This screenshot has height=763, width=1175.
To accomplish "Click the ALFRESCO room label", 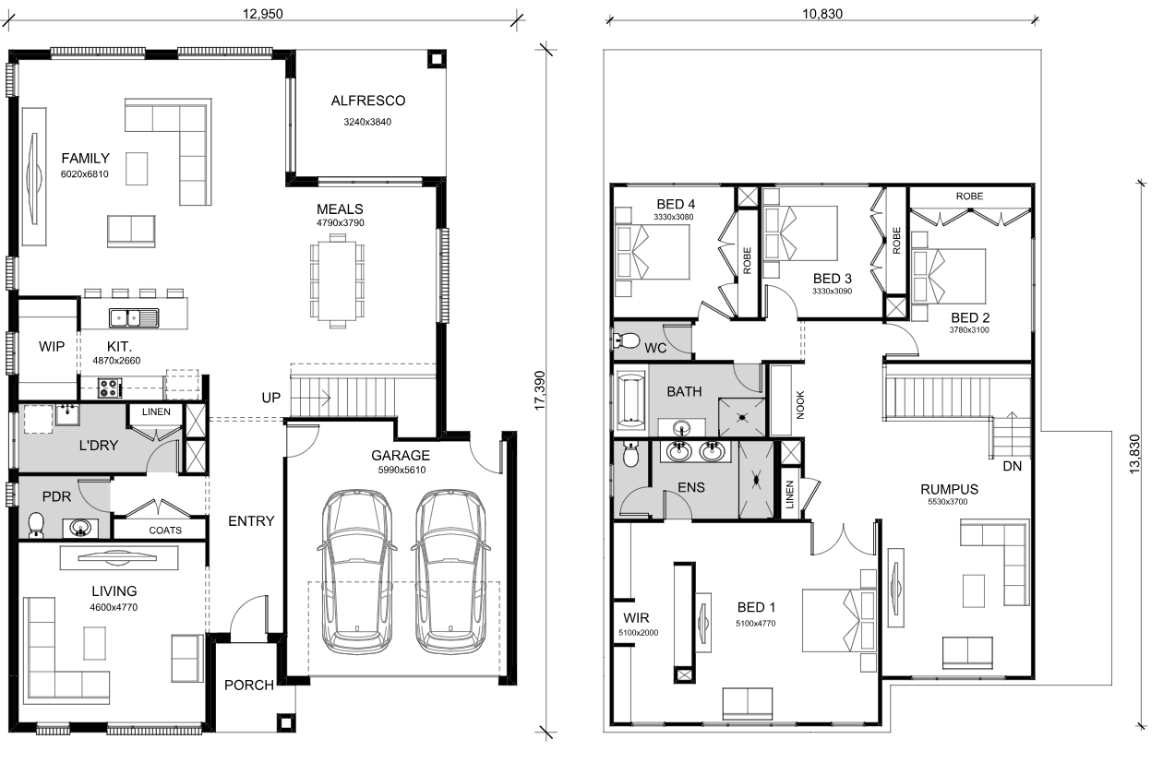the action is tap(368, 101).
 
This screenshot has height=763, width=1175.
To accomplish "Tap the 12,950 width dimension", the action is tap(262, 14).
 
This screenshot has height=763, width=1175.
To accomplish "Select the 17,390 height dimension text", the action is tap(540, 390).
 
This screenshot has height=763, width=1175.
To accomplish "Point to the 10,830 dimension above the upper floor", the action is tap(822, 14).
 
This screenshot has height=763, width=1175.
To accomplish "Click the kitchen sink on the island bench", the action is tap(134, 317).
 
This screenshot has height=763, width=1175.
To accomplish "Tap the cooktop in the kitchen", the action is tap(109, 388).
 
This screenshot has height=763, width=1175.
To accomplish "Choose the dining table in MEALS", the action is tap(337, 281).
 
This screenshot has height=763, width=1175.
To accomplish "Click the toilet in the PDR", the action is tap(36, 525).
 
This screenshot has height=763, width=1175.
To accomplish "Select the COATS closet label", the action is tap(165, 531).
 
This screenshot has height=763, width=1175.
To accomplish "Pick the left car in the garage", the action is tap(356, 572).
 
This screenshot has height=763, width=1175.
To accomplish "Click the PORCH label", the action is tap(249, 686).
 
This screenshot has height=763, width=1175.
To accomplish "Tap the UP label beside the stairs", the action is tap(270, 398).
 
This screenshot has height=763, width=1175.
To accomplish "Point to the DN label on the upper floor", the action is tap(1012, 466).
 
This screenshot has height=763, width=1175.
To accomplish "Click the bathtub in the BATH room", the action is tap(630, 399).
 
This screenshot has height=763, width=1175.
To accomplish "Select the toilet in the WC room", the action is tap(627, 340).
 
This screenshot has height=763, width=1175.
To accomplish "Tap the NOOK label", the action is tap(800, 405).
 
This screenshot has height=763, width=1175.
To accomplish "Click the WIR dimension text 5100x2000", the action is tap(639, 633).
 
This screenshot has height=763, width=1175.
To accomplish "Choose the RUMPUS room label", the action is tap(950, 489).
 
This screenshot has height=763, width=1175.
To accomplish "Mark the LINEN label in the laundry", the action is tap(156, 412).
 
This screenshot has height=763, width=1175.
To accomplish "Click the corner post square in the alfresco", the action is tap(436, 59).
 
